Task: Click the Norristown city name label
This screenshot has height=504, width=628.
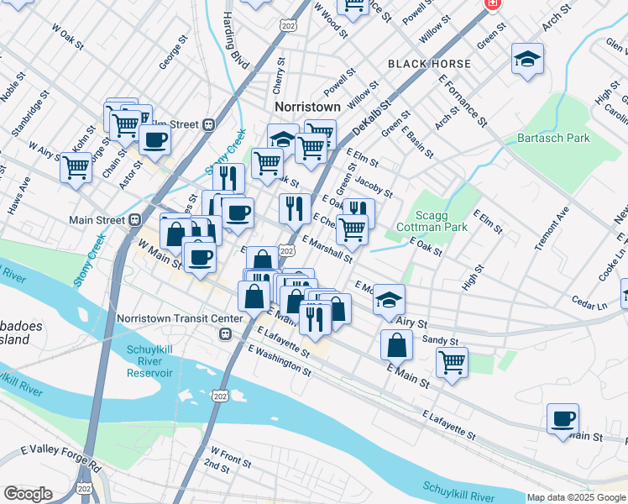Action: pos(308,108)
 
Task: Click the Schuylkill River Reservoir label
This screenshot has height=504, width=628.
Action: pos(149,361)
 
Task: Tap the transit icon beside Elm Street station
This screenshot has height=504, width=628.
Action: pos(208,124)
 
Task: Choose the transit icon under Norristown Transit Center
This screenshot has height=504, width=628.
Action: pos(224,334)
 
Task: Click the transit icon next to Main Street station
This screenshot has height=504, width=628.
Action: pos(134,220)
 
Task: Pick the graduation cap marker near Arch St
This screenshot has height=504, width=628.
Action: pos(527,58)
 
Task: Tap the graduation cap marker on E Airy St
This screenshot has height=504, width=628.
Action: pos(388,299)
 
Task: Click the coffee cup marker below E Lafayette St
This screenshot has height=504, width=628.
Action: pos(563,417)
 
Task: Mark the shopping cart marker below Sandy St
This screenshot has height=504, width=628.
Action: pos(452,363)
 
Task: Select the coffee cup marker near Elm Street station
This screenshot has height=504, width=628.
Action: pos(154,139)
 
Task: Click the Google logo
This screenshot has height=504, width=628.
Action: pos(28,494)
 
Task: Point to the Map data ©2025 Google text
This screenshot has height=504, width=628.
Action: pos(576,497)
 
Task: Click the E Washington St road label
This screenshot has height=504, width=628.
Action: pos(280,360)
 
